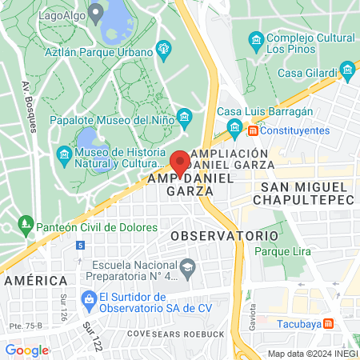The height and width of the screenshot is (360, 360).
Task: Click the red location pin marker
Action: pos(181,163)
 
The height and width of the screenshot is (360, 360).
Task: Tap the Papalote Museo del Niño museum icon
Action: pos(185,120)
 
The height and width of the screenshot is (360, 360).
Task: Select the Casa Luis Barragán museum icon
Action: pos(235,127)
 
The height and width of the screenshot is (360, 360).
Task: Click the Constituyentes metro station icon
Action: pos(253,130)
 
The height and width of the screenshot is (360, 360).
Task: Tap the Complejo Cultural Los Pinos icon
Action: pos(256,39)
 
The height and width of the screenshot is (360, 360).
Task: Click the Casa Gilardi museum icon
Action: pos(348,73)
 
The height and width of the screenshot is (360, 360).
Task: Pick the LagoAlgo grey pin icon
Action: pos(96,12)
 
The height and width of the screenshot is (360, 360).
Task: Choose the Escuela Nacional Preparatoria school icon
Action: pos(188,266)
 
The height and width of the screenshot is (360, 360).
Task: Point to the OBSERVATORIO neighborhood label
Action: pos(224,237)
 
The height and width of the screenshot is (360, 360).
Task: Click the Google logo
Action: pos(26,350)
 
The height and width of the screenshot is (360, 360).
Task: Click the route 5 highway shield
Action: pos(79,246)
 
